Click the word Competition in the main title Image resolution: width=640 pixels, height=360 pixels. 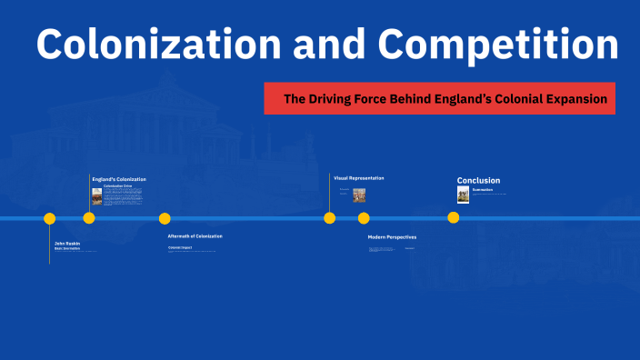[499, 45]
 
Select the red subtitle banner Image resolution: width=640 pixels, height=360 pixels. [439, 98]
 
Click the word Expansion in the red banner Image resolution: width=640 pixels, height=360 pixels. [574, 98]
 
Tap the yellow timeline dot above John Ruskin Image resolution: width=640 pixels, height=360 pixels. [50, 218]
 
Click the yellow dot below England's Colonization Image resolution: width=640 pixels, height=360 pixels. [89, 218]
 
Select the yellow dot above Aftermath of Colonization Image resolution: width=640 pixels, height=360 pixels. [165, 218]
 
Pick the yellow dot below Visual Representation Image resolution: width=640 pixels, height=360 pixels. [330, 218]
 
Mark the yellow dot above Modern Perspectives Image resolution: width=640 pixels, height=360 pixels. [364, 218]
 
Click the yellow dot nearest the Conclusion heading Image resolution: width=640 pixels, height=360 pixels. [454, 218]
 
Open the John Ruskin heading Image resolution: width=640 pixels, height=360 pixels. [67, 243]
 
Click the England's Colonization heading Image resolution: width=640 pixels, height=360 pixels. [119, 179]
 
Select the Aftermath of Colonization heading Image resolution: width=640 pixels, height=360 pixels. [195, 236]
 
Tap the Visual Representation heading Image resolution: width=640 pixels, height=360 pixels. [359, 178]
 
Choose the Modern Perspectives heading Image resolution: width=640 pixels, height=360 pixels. [392, 237]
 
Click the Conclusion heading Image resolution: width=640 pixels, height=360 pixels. [478, 180]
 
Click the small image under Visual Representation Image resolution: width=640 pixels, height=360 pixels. [359, 195]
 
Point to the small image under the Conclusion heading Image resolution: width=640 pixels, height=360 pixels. [463, 195]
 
